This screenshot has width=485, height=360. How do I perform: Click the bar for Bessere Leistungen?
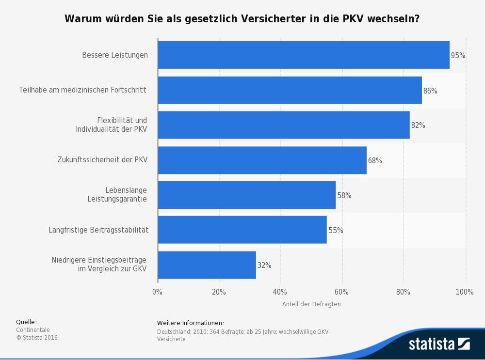304,55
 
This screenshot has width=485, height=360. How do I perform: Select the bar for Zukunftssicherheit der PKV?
262,160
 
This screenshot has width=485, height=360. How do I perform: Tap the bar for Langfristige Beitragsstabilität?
242,230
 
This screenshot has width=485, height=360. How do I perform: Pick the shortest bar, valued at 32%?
207,265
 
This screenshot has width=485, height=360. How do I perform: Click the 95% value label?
458,56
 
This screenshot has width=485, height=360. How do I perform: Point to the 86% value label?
430,91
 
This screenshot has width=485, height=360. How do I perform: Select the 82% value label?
418,125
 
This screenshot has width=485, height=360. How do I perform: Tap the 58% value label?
344,196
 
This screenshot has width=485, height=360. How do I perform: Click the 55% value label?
336,231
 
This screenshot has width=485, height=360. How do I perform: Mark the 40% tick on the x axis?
280,292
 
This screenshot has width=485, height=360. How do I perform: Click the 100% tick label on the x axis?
465,292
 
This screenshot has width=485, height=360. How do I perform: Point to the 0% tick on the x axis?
157,292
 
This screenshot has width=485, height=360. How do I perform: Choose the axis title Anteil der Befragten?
311,304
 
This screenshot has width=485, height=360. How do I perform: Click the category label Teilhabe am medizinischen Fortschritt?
82,90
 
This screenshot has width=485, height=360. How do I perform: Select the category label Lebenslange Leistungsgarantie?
117,194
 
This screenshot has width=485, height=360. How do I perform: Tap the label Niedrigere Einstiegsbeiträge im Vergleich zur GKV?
99,265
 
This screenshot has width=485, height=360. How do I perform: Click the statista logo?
439,344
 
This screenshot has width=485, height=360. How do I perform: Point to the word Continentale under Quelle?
33,330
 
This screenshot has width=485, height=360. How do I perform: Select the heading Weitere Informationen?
191,323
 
